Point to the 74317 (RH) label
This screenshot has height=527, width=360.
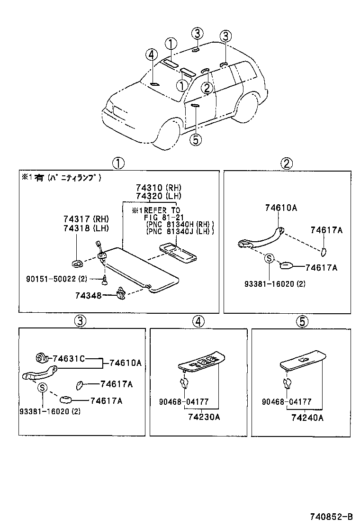[86, 219]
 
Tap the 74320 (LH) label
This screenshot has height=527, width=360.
[152, 196]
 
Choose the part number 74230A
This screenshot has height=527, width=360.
[203, 418]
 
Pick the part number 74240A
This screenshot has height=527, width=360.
[307, 418]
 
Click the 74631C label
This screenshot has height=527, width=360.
[68, 359]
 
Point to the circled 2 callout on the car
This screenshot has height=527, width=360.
[207, 88]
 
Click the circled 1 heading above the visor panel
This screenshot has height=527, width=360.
[118, 164]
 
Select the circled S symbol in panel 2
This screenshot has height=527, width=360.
[269, 258]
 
